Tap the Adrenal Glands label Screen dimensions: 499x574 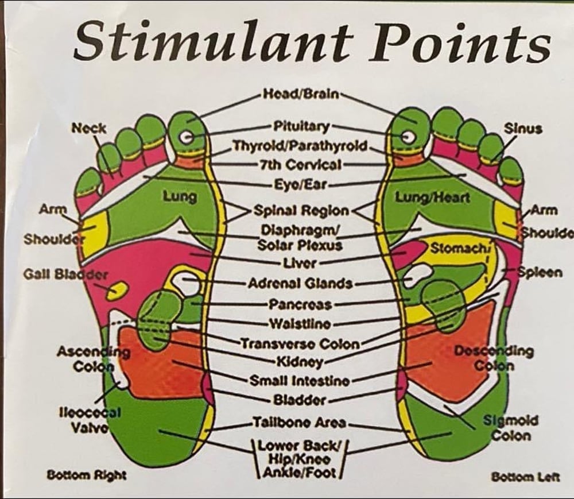301,283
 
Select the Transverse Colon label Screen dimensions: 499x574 300,344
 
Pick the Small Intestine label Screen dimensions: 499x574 300,381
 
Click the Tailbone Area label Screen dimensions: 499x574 300,423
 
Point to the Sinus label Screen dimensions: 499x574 522,129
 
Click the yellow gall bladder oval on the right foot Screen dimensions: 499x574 117,289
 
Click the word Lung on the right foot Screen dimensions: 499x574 179,197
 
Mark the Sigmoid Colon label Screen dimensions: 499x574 510,428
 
